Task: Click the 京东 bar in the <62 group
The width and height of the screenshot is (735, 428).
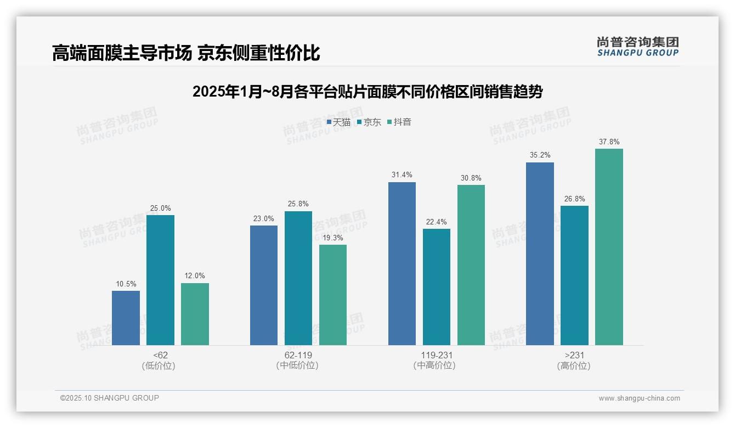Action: click(160, 280)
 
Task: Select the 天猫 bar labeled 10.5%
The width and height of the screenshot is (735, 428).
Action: click(126, 318)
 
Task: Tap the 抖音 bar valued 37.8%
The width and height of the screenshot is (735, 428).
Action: click(609, 247)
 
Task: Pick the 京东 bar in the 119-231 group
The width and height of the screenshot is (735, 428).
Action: click(437, 287)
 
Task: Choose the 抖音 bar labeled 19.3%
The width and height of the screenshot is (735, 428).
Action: click(333, 295)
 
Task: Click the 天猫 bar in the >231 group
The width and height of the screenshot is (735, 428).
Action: click(540, 254)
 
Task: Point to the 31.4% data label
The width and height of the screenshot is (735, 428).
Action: click(402, 175)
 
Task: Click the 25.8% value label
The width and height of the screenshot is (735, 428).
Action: click(298, 204)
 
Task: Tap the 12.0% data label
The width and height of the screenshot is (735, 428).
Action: click(195, 276)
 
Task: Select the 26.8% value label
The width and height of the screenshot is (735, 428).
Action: click(574, 199)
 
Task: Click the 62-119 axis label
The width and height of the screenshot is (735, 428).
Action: click(298, 355)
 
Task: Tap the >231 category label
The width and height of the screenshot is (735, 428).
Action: click(574, 355)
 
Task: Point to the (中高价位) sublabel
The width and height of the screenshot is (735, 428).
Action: click(436, 365)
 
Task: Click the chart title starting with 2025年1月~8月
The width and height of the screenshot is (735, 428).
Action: click(367, 92)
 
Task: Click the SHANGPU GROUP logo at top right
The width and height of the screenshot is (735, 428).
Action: click(637, 47)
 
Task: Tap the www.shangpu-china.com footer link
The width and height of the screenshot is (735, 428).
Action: click(639, 398)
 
